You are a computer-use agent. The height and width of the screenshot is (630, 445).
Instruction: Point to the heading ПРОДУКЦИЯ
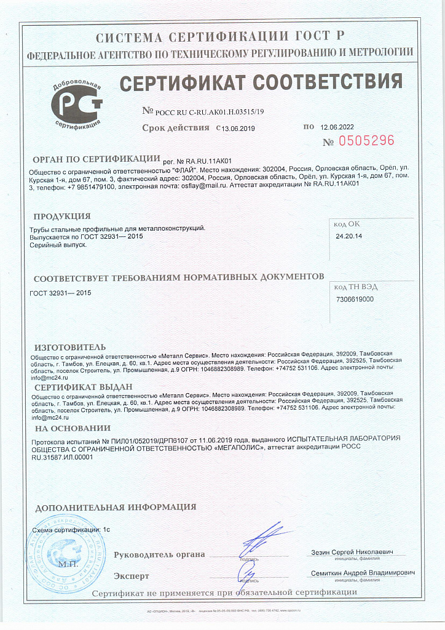(x=62, y=217)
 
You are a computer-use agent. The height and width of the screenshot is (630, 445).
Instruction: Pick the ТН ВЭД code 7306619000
(x=355, y=300)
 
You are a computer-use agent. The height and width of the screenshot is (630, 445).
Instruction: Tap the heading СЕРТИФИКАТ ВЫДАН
(x=83, y=388)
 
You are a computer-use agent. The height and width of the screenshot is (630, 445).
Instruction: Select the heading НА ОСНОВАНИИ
(x=73, y=428)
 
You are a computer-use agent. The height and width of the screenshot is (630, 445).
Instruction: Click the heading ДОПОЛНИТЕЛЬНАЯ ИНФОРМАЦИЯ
(x=116, y=508)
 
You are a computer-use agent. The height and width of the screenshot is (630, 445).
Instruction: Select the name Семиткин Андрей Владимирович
(x=363, y=573)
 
